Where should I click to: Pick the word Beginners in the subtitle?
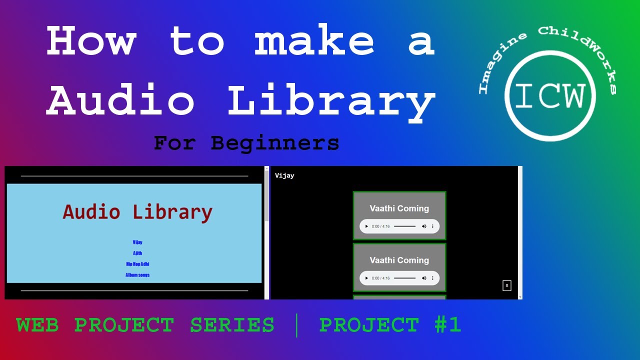274,143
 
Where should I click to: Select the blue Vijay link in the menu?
137,242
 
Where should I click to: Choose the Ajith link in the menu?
137,253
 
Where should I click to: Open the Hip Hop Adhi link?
137,264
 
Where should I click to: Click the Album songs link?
137,275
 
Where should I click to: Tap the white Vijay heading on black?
284,175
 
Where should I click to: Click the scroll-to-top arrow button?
506,285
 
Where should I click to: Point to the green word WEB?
37,325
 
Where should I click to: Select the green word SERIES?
232,325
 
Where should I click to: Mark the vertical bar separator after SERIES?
297,325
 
